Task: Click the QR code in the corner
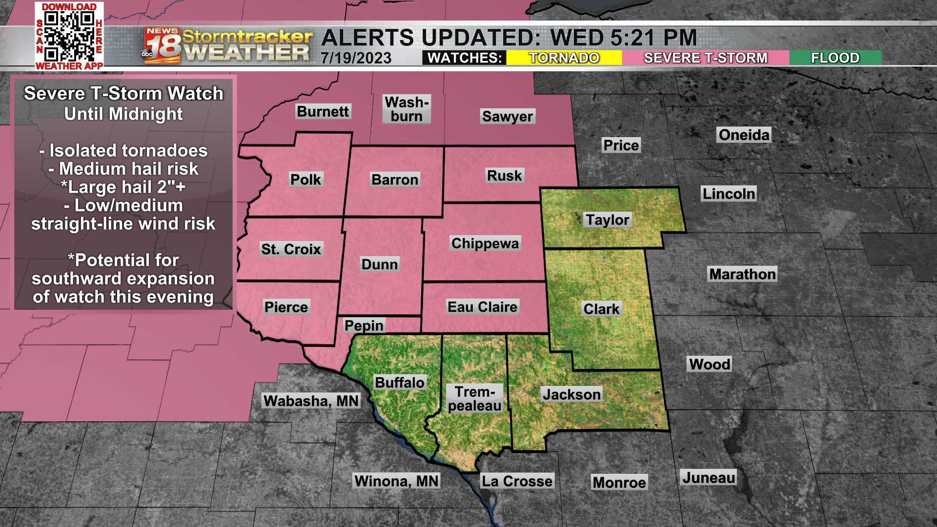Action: pos(69,36)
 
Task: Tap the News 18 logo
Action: pos(163,46)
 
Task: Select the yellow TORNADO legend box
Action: pos(564,58)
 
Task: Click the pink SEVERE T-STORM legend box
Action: pos(705,58)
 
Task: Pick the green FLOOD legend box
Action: pos(835,58)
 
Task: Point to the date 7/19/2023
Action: pos(356,58)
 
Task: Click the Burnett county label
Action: pos(323,112)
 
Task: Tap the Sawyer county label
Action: pos(508,117)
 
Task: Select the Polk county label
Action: pos(306,180)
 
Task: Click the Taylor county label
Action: pos(608,220)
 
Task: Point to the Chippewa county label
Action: pos(485,243)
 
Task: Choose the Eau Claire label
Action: pos(482,307)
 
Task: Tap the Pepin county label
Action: pos(364,325)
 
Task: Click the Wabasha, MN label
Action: pos(311,401)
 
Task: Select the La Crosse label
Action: pos(517,481)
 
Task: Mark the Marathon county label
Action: pos(742,274)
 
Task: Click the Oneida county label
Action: pos(744,135)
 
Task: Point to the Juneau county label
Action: pos(709,478)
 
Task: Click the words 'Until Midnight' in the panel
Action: pos(123,114)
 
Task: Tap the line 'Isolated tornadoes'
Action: pos(123,151)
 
